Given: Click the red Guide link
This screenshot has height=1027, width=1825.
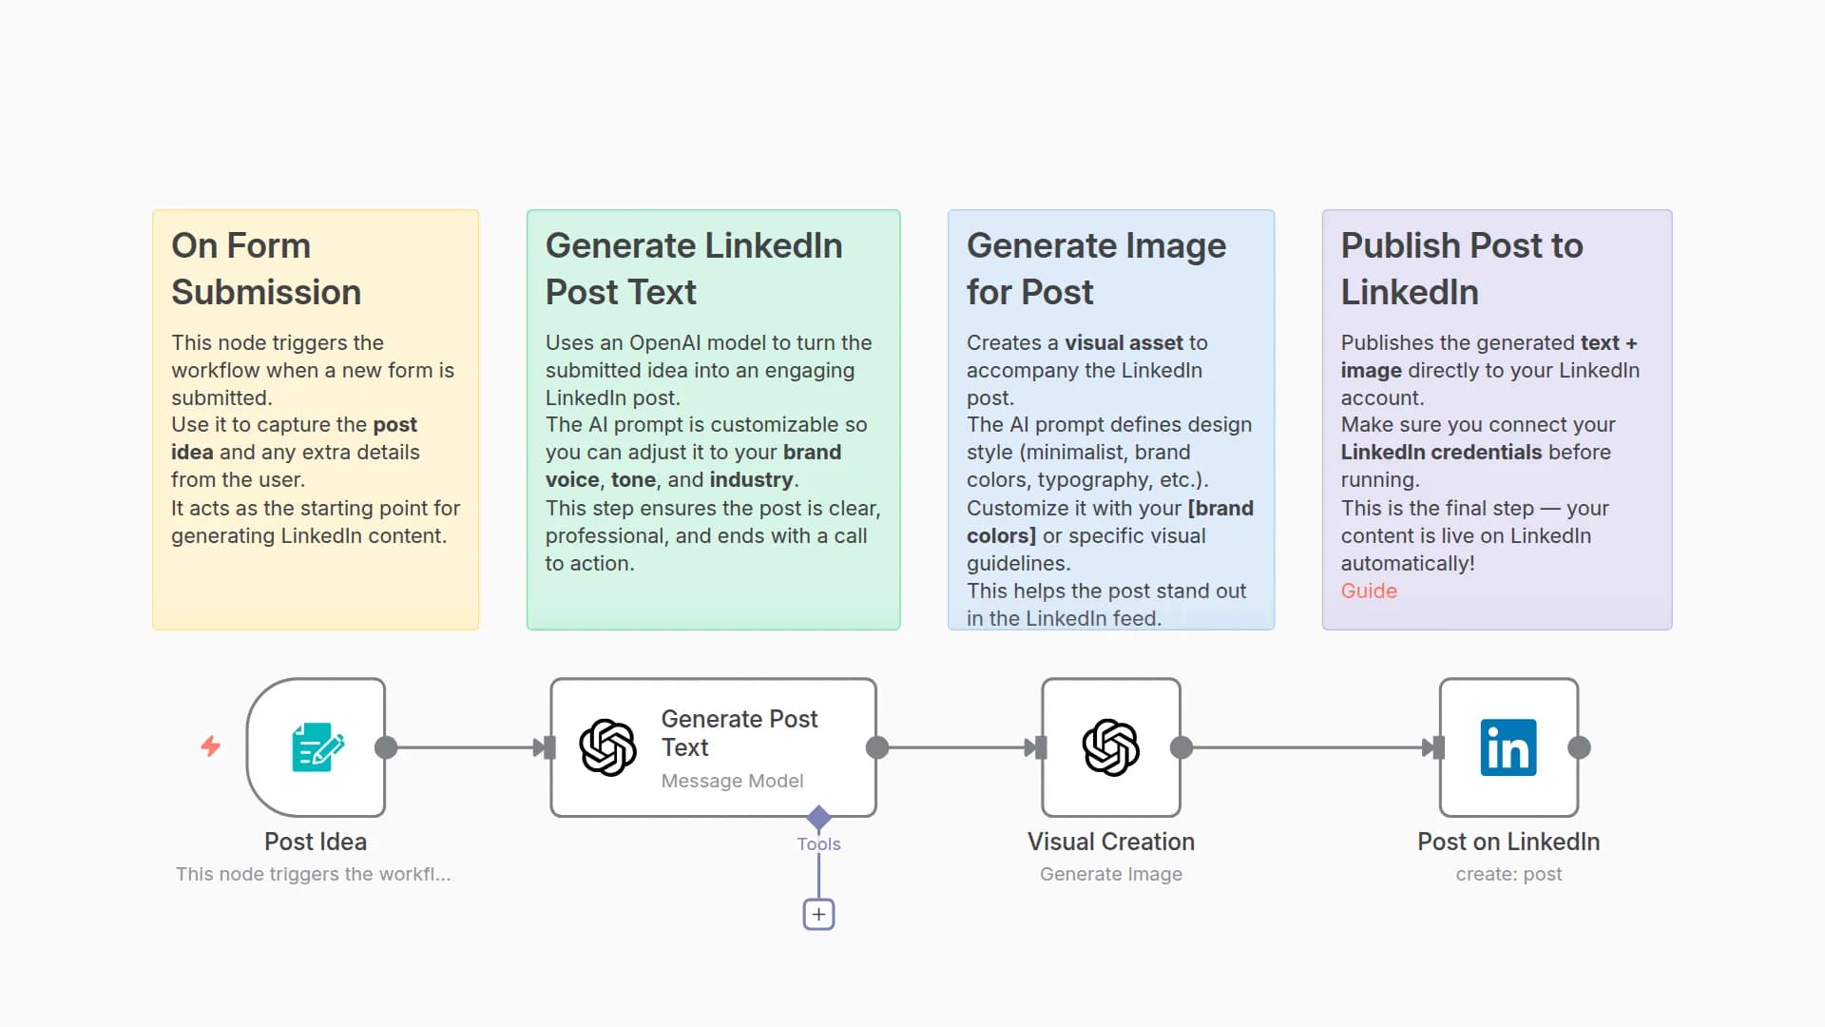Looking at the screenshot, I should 1369,591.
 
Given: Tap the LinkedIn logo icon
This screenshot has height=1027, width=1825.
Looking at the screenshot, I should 1508,747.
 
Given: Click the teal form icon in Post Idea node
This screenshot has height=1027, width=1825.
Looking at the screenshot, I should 317,747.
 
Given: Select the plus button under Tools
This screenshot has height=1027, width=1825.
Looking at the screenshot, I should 818,914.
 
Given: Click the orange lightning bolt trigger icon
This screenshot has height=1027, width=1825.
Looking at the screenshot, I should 211,746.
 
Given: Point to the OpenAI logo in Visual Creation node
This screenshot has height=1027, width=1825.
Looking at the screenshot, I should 1110,747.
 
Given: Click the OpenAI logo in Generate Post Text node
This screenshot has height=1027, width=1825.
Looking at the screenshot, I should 608,747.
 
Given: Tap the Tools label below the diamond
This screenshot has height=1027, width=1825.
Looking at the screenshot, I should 818,843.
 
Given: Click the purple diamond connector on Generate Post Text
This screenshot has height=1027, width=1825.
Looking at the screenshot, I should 818,816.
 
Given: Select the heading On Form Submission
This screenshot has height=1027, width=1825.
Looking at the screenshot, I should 266,269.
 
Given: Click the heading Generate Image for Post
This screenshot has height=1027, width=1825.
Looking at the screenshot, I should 1096,269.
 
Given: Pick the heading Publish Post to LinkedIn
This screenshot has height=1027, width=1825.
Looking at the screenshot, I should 1461,269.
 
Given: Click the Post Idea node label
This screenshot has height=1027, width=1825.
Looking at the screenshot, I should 316,842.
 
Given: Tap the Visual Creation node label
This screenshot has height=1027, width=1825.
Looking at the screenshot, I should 1110,842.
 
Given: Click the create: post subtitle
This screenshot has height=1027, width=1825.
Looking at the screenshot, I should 1508,874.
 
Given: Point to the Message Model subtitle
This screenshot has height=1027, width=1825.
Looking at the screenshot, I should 732,781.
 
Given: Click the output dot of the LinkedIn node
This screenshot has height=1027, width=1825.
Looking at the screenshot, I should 1579,747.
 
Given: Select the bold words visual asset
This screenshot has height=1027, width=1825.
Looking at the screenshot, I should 1123,342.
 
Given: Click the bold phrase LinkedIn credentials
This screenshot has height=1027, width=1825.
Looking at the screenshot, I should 1441,452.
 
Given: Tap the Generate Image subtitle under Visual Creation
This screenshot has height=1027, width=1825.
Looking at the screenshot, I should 1110,874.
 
